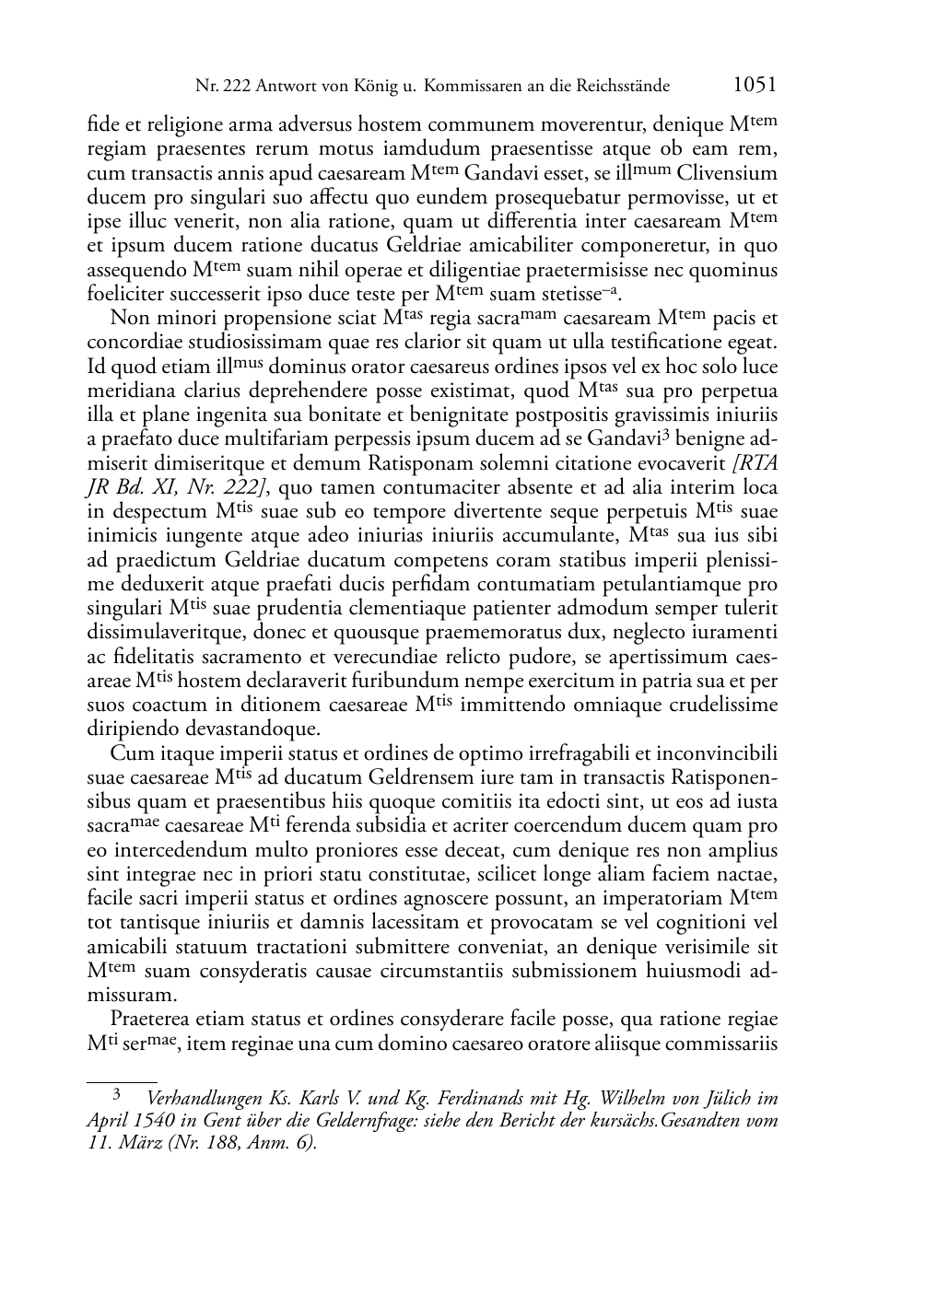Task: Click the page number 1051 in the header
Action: coord(754,86)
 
